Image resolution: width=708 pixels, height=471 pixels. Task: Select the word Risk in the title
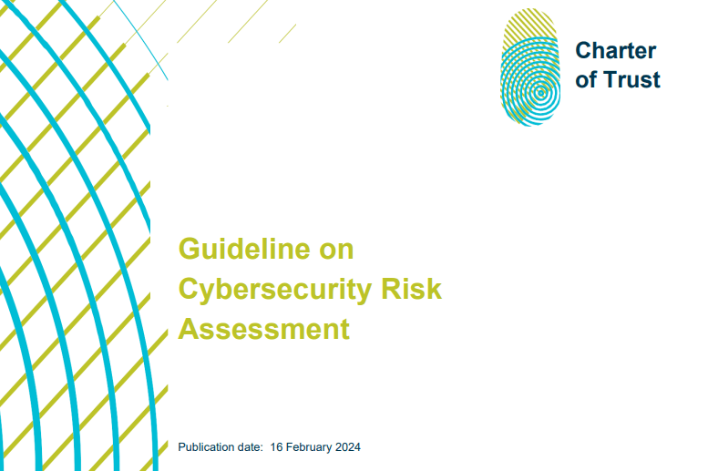click(411, 288)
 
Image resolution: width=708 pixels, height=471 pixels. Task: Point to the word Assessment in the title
click(264, 328)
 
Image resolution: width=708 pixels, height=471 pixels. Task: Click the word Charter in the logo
click(615, 50)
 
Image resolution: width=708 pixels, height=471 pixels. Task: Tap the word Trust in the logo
click(631, 79)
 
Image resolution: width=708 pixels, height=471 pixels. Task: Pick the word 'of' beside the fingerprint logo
click(587, 79)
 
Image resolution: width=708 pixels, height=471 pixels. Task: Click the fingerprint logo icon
click(530, 67)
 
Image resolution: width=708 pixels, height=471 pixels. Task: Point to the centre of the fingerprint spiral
click(540, 94)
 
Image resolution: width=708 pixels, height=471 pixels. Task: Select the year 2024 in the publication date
click(348, 447)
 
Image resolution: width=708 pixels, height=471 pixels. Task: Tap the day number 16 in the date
click(276, 447)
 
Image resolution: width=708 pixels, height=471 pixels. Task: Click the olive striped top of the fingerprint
click(530, 24)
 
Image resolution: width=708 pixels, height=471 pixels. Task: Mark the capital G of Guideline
click(190, 249)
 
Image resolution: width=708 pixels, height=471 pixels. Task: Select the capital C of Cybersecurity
click(190, 288)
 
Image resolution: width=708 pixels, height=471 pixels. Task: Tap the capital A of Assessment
click(190, 328)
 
